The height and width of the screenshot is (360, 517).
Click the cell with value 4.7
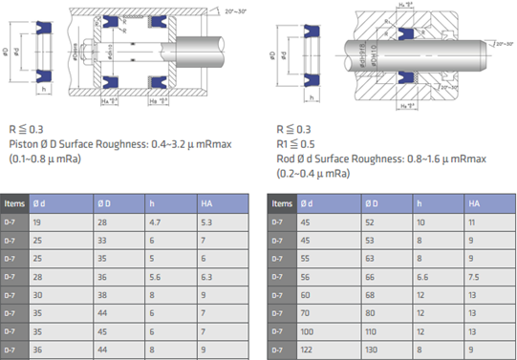click(x=154, y=222)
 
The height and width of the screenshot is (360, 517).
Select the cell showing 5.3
click(x=206, y=222)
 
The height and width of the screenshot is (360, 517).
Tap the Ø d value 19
click(x=39, y=222)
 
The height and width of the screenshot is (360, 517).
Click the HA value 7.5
click(x=474, y=277)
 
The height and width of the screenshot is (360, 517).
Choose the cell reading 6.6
click(x=422, y=277)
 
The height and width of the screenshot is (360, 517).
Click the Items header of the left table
click(x=14, y=203)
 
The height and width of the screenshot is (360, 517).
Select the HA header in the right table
click(x=474, y=203)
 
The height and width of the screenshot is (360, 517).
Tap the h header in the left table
click(x=150, y=203)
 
